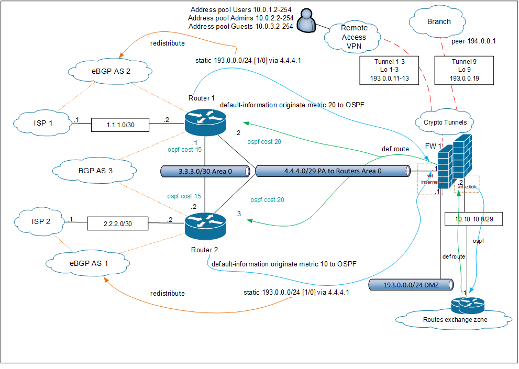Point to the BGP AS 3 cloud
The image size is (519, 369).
pyautogui.click(x=82, y=170)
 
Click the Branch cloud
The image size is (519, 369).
pyautogui.click(x=438, y=22)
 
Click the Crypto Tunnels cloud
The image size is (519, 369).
pyautogui.click(x=441, y=122)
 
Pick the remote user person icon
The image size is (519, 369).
pyautogui.click(x=305, y=23)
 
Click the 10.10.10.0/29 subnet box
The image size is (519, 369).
pyautogui.click(x=473, y=219)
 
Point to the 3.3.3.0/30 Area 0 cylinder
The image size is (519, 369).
pyautogui.click(x=204, y=171)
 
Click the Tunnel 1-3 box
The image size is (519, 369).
pyautogui.click(x=390, y=70)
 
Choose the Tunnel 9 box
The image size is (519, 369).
pyautogui.click(x=465, y=70)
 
